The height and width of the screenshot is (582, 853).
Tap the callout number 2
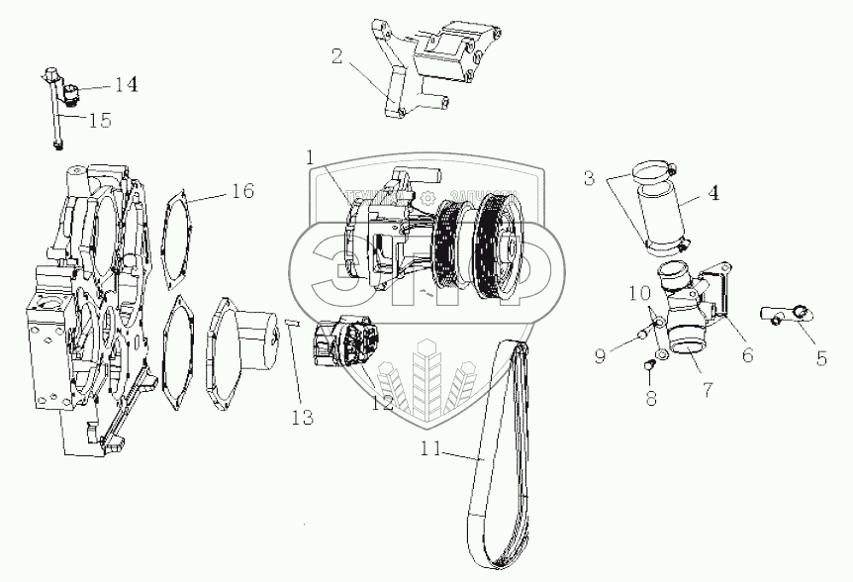tap(337, 56)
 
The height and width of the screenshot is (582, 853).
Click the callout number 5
tap(821, 358)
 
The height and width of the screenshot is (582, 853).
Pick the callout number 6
tap(747, 353)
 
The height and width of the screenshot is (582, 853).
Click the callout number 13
tap(302, 418)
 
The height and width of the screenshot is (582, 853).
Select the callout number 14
tap(125, 84)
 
